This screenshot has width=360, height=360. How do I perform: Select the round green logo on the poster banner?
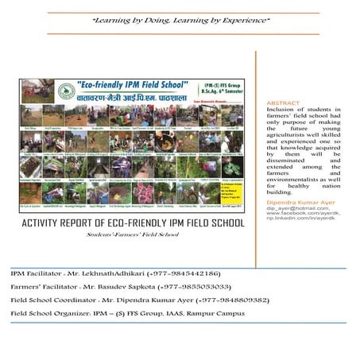click(x=33, y=90)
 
